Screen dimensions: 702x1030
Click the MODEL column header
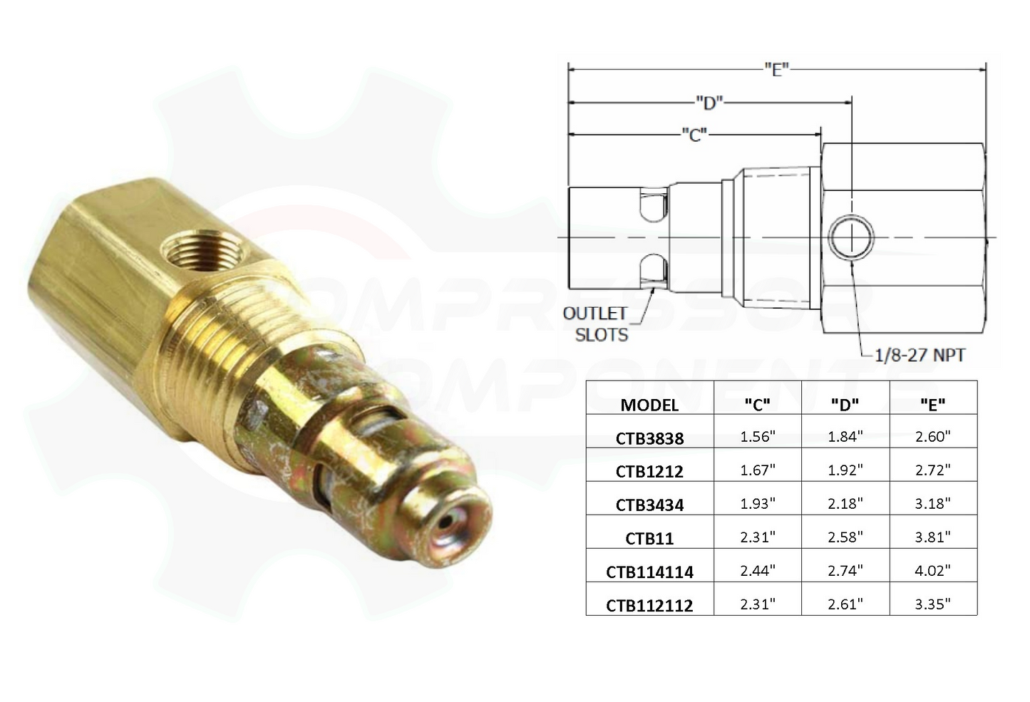649,405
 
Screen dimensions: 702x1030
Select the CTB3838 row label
649,438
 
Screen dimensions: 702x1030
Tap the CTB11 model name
649,538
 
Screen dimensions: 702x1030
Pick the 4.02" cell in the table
933,571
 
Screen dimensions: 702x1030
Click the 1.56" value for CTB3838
757,437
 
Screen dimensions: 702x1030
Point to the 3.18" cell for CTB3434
933,504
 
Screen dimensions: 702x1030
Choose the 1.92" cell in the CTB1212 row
845,470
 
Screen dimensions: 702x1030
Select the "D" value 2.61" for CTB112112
845,604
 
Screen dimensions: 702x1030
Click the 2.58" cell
845,537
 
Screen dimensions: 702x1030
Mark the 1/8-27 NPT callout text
920,354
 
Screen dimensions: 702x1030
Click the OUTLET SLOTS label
595,324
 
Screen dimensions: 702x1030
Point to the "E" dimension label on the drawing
776,69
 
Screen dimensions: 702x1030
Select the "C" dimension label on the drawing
694,134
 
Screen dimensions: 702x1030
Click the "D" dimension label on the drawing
709,103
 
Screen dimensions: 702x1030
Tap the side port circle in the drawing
851,237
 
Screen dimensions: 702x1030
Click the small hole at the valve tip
446,522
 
